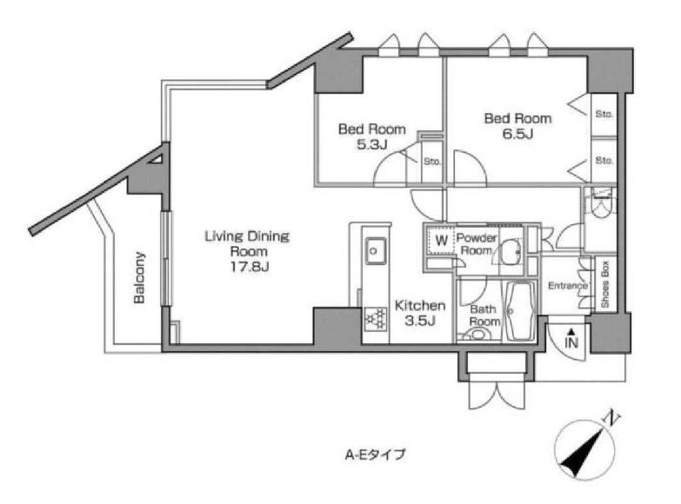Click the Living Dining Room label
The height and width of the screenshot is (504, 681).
click(247, 244)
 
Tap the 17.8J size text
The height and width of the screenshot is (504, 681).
click(250, 267)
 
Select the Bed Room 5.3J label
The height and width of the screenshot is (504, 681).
click(371, 136)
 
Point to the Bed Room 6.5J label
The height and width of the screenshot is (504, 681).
click(517, 126)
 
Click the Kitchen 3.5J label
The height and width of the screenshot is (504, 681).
click(420, 313)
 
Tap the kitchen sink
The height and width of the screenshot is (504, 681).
click(375, 250)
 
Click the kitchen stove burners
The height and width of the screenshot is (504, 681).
click(376, 319)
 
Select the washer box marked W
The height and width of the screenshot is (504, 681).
click(441, 240)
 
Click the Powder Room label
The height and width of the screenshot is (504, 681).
click(477, 244)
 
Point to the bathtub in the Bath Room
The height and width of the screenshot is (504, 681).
click(520, 311)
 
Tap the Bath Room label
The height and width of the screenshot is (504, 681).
click(484, 315)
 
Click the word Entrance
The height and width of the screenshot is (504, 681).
click(568, 286)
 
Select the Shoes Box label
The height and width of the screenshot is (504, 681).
click(605, 285)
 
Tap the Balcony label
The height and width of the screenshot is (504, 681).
click(139, 277)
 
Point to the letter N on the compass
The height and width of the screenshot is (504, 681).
click(611, 417)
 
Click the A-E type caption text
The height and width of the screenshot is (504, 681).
click(375, 454)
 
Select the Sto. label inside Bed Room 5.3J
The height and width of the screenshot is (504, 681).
click(432, 162)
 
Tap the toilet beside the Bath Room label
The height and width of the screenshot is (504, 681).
click(476, 335)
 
